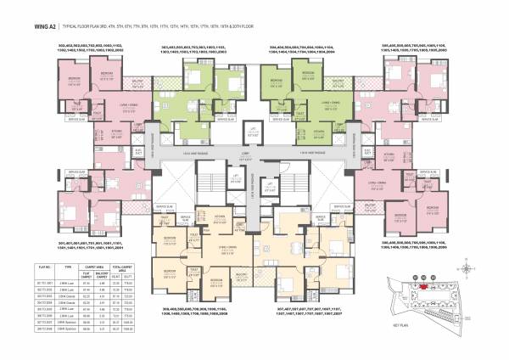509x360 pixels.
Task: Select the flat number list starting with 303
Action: click(193, 50)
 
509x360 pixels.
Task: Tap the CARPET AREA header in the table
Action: click(87, 268)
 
